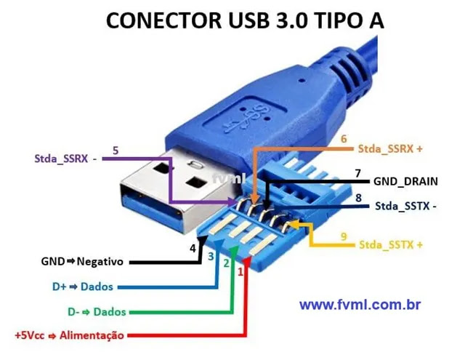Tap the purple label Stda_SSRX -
pyautogui.click(x=65, y=158)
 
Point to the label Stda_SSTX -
pyautogui.click(x=406, y=206)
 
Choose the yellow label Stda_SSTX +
pyautogui.click(x=390, y=244)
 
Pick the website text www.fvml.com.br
pyautogui.click(x=360, y=305)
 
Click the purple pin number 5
pyautogui.click(x=116, y=151)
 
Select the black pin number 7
pyautogui.click(x=357, y=173)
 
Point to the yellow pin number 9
pyautogui.click(x=344, y=236)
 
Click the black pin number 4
pyautogui.click(x=193, y=248)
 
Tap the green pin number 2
pyautogui.click(x=226, y=263)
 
